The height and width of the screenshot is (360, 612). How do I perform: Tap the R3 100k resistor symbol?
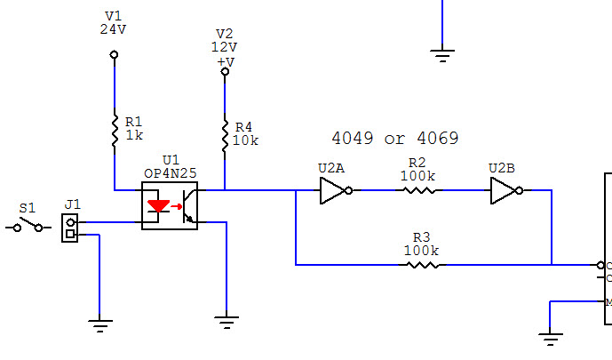tap(422, 265)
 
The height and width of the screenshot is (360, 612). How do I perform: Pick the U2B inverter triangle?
tap(504, 190)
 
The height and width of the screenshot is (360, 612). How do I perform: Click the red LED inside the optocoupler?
tap(158, 206)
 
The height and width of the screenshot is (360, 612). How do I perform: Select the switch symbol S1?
tap(28, 228)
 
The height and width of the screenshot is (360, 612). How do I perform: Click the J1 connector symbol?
tap(69, 228)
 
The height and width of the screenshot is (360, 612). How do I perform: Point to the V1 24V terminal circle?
tap(114, 55)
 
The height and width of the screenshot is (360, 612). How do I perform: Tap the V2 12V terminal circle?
tap(225, 71)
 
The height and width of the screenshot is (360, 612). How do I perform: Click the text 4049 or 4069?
tap(394, 139)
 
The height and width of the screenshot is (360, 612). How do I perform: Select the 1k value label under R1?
tap(134, 135)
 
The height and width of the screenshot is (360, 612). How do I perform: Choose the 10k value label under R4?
tap(245, 140)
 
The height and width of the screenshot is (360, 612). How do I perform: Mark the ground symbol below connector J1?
tap(100, 325)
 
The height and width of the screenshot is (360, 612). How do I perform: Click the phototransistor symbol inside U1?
tap(187, 206)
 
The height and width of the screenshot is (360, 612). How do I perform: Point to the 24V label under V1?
tap(114, 28)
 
